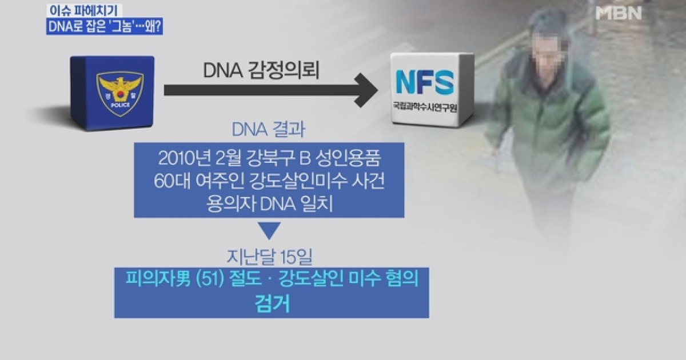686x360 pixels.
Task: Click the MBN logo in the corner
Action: tap(619, 14)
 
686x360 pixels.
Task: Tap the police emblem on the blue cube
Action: tap(120, 93)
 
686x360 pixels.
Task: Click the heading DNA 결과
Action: tap(269, 130)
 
